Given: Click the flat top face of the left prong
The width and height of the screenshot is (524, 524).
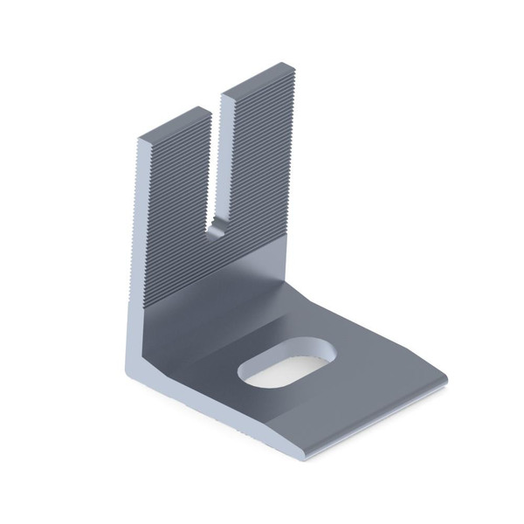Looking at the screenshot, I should (x=175, y=126).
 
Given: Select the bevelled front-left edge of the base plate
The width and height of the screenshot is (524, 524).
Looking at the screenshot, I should (x=218, y=419).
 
